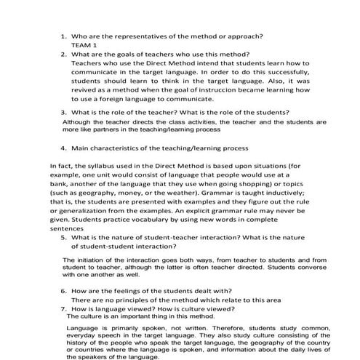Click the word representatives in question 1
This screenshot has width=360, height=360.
[x=143, y=35]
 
